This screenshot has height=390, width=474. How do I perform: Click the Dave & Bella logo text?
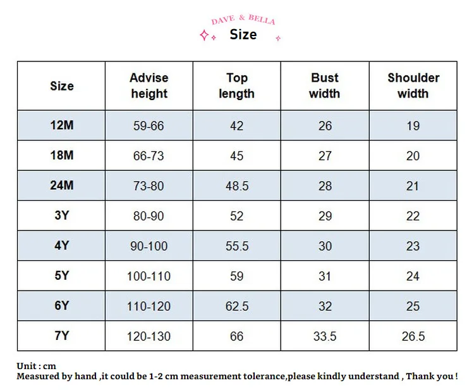coord(243,20)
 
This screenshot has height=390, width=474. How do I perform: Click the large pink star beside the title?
coord(204,35)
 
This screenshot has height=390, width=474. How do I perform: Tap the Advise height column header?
coord(149,85)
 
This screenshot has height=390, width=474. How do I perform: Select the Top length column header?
coord(237,85)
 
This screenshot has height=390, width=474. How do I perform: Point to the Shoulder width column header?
coord(413,85)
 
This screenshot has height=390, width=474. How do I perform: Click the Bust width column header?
coord(325,85)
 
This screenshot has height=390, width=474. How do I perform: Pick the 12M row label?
coord(62,125)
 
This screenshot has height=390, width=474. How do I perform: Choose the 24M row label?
coord(62,185)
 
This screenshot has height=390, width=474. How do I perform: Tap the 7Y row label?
coord(62,336)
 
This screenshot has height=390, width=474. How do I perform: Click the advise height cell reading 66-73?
coord(149,156)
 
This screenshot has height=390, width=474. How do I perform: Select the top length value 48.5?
coord(237,186)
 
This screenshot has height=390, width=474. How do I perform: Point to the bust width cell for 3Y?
coord(325,216)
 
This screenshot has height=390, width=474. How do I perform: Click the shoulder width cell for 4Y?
coord(413,246)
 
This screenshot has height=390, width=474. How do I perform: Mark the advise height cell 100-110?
coord(149,276)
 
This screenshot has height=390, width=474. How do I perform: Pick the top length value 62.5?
coord(237,306)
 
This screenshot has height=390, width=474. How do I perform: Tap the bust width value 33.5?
coord(325,336)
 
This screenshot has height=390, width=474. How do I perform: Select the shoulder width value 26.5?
coord(413,336)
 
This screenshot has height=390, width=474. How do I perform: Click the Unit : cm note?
coord(36,366)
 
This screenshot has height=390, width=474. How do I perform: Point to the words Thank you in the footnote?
coord(432,376)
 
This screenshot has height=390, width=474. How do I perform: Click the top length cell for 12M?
coord(237,125)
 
